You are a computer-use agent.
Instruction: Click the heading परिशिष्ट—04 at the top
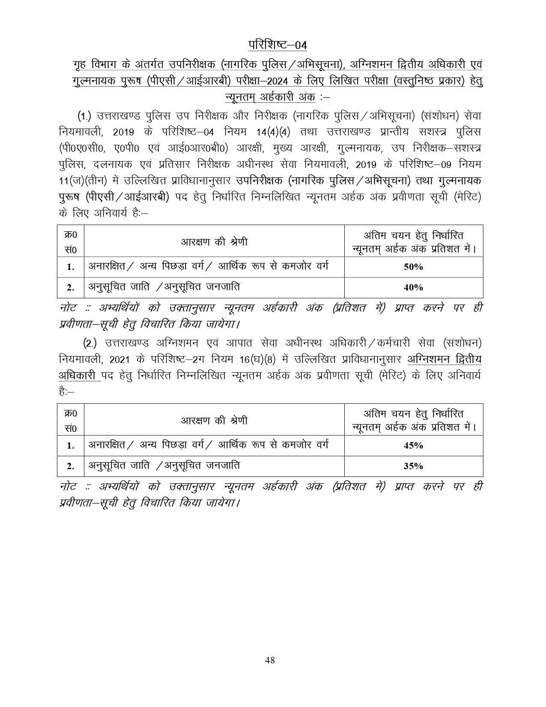pos(277,45)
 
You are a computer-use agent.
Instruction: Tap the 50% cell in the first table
pos(413,267)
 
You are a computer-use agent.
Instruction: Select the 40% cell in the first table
pos(413,288)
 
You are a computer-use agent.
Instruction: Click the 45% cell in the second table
pos(413,446)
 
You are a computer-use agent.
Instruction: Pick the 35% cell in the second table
pos(413,466)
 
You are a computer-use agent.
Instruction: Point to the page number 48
pos(270,660)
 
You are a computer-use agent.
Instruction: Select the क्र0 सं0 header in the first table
pos(71,242)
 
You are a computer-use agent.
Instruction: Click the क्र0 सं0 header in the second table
pos(71,421)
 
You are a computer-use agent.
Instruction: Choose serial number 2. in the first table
pos(71,288)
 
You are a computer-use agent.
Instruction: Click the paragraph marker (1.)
pos(84,116)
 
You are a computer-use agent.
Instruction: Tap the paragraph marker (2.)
pos(90,343)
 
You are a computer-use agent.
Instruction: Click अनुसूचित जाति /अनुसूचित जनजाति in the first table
pos(164,287)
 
